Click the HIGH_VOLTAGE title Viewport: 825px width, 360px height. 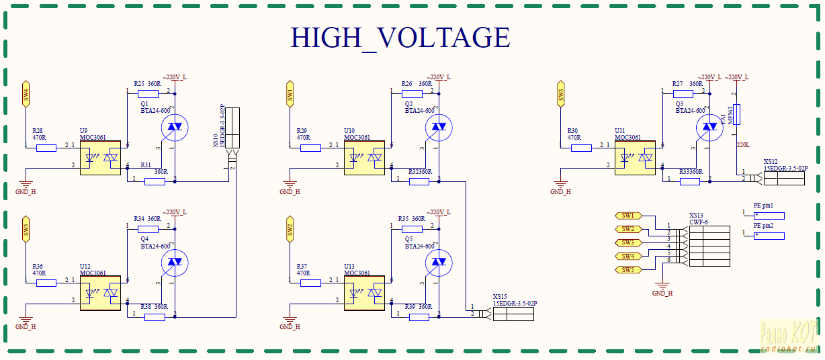click(x=400, y=38)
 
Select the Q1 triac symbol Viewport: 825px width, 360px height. click(x=175, y=126)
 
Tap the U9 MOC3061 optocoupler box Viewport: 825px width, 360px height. click(x=100, y=159)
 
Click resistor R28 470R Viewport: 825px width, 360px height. click(x=46, y=147)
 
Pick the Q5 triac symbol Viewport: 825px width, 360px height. click(x=439, y=261)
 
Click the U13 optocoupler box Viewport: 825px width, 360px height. click(x=365, y=291)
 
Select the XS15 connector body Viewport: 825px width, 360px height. click(x=513, y=314)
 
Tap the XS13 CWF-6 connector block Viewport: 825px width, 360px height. click(x=709, y=246)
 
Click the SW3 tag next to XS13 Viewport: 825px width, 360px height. click(x=627, y=242)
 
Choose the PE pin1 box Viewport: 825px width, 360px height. click(x=769, y=216)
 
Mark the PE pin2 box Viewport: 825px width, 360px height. click(x=769, y=236)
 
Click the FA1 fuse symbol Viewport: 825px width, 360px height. click(x=737, y=114)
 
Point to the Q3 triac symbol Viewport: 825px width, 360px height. click(x=709, y=126)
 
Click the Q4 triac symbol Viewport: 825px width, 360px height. click(x=175, y=261)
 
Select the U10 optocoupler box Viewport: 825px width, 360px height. click(x=365, y=159)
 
